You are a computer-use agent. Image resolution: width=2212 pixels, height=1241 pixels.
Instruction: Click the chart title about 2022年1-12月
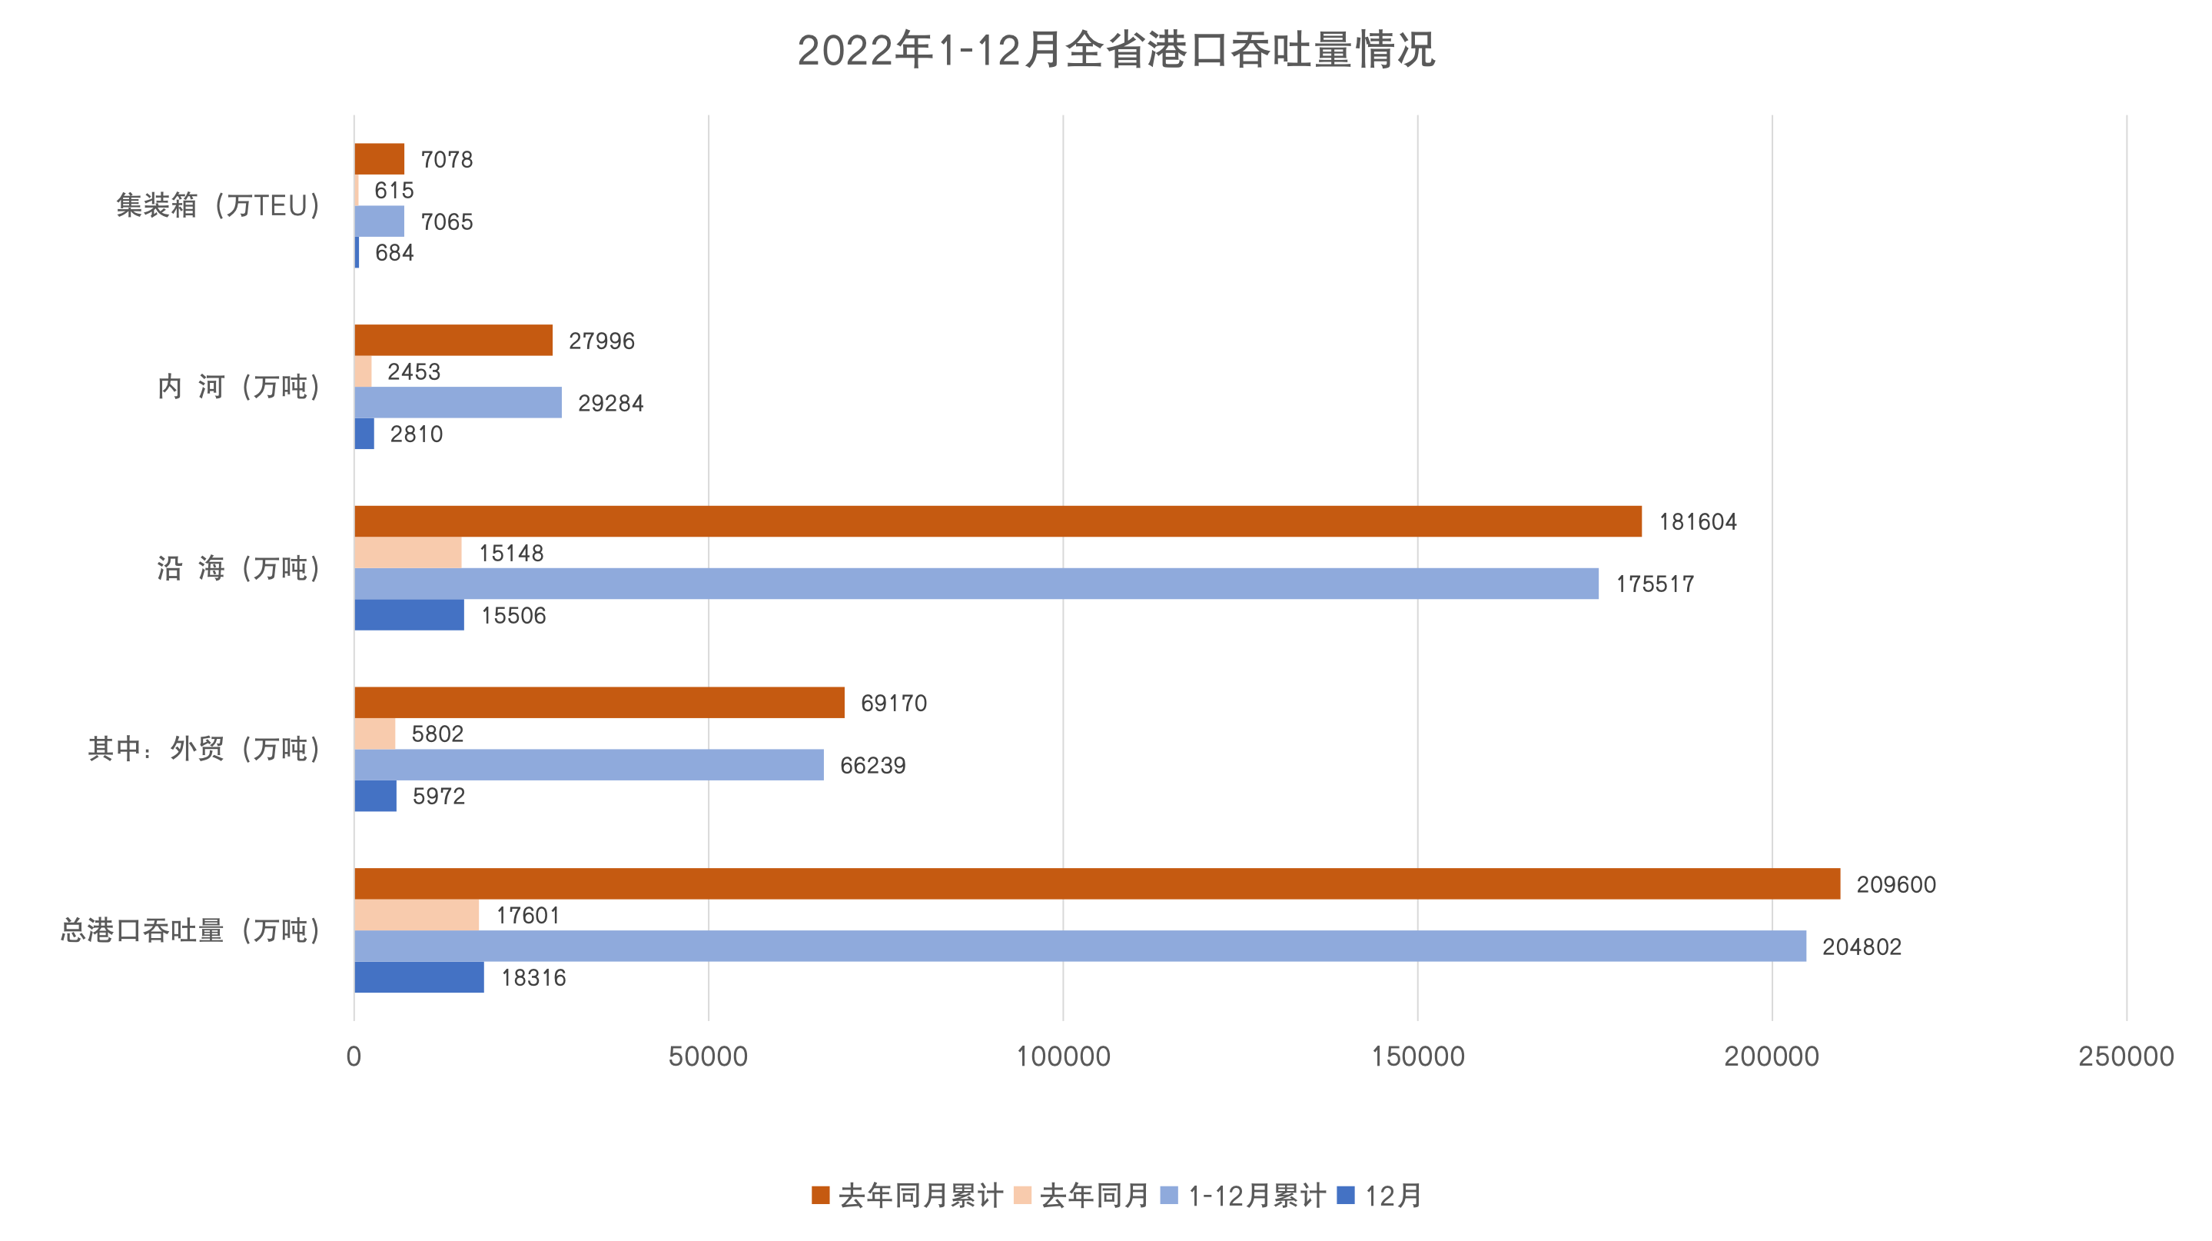[1114, 50]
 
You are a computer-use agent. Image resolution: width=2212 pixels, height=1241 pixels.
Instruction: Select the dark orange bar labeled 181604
[997, 521]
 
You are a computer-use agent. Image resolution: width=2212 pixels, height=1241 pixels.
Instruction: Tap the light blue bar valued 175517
[975, 584]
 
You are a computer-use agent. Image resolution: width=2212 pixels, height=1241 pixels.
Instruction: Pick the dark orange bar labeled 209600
[1097, 883]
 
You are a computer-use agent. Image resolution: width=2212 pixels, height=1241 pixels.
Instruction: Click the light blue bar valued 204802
[1079, 946]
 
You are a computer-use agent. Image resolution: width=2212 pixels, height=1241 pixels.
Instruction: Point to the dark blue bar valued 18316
[419, 977]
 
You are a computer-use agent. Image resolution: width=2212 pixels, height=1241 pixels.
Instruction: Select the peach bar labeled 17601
[417, 915]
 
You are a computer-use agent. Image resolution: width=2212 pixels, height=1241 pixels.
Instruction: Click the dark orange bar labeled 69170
[599, 703]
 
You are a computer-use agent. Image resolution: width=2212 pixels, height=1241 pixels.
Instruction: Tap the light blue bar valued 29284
[457, 403]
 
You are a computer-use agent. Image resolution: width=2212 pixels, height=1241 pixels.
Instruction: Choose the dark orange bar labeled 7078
[379, 159]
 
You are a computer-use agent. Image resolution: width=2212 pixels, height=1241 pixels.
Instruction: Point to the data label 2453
[414, 372]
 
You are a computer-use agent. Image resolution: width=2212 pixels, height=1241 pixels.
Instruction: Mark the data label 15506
[513, 616]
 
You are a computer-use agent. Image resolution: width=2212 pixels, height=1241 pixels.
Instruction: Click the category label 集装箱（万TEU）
[219, 206]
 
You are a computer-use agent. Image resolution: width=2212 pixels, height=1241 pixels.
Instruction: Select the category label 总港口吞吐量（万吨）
[191, 930]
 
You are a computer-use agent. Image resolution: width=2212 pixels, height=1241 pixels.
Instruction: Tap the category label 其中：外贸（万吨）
[204, 749]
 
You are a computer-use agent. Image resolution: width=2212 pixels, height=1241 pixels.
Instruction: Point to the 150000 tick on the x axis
[1417, 1056]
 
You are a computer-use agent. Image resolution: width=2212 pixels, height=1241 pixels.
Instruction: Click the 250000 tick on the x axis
[2125, 1056]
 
